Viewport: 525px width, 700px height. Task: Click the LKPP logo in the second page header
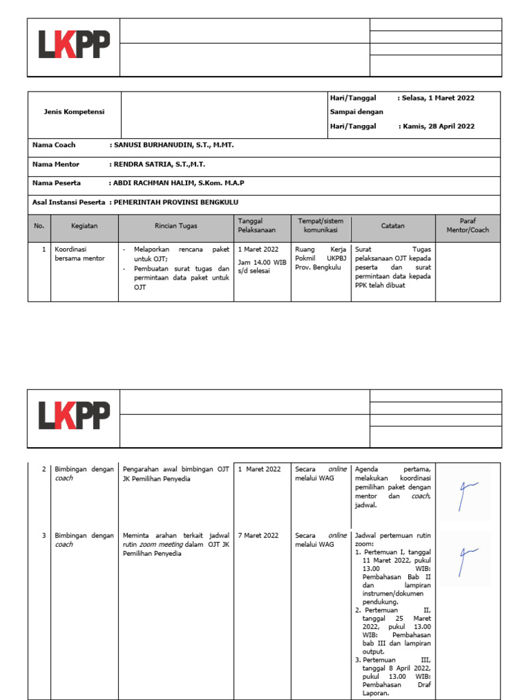(x=73, y=417)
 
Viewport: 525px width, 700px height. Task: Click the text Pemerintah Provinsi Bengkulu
(x=176, y=202)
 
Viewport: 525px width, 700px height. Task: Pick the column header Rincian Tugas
(x=176, y=226)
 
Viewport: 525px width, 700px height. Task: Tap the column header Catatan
(x=392, y=226)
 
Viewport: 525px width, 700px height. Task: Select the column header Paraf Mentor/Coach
(x=468, y=226)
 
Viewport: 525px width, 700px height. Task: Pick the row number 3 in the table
(x=44, y=535)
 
